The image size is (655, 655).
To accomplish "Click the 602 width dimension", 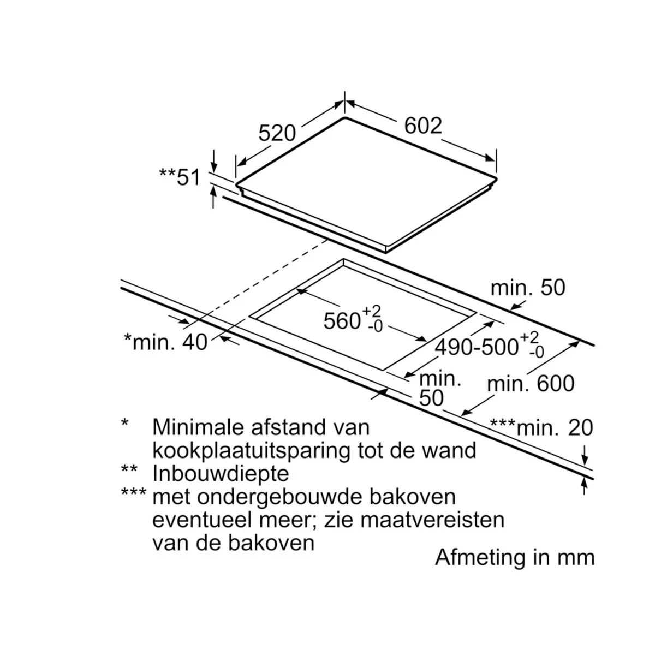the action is pos(423,126).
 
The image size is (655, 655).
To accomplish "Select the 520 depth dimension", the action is pos(277,133).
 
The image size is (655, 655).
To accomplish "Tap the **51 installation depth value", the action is pos(180,177).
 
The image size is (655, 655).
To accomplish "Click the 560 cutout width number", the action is pos(342,321).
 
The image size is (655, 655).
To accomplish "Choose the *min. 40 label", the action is pos(165,342).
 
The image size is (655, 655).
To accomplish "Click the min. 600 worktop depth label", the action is pos(531,384).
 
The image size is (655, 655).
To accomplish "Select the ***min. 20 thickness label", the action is pos(541,427).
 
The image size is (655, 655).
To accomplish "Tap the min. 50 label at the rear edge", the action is pos(528,288).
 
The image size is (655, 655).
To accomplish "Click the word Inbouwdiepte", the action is pos(221,473).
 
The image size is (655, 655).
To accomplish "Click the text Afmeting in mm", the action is pos(515,557).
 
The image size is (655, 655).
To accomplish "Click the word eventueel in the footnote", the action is pos(203,520).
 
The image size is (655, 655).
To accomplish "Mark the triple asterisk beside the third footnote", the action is pos(134,492).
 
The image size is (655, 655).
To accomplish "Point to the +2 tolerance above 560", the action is pos(371,311).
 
